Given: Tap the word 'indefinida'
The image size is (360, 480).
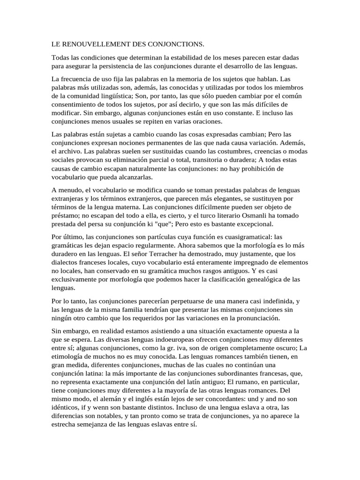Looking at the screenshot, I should pos(276,300).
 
